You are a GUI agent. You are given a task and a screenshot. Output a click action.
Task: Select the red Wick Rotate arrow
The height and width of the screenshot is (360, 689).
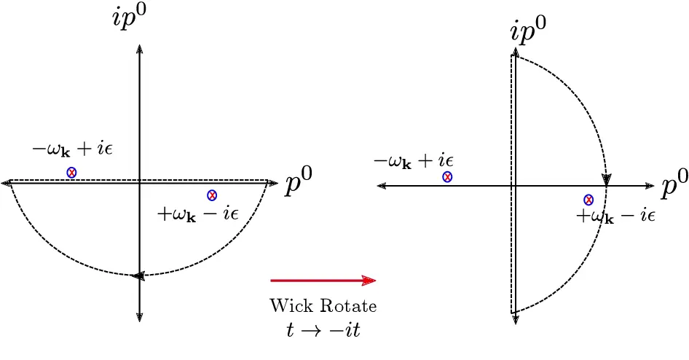click(x=323, y=280)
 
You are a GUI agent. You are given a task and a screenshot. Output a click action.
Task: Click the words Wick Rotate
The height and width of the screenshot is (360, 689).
click(x=323, y=305)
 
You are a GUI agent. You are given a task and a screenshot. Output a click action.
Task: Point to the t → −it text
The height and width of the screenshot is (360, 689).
click(x=323, y=329)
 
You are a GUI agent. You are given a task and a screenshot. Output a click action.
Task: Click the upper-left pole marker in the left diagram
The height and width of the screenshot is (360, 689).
click(x=71, y=173)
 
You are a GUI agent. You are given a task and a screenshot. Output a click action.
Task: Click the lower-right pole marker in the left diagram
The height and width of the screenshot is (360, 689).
click(x=212, y=195)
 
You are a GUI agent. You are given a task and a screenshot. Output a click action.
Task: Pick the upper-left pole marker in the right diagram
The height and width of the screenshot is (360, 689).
click(x=447, y=177)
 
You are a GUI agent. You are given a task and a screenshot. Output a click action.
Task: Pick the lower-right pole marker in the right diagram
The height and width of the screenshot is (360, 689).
click(x=588, y=200)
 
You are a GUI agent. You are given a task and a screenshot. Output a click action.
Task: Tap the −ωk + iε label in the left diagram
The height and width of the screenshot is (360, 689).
click(x=73, y=150)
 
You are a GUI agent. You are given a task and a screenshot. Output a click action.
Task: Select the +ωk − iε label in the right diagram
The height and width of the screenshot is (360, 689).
click(x=616, y=216)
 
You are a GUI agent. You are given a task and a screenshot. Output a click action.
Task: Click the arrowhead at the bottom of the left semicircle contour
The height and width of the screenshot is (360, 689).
click(x=139, y=275)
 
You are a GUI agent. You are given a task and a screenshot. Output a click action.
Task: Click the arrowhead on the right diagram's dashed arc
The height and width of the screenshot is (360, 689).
click(x=606, y=179)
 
